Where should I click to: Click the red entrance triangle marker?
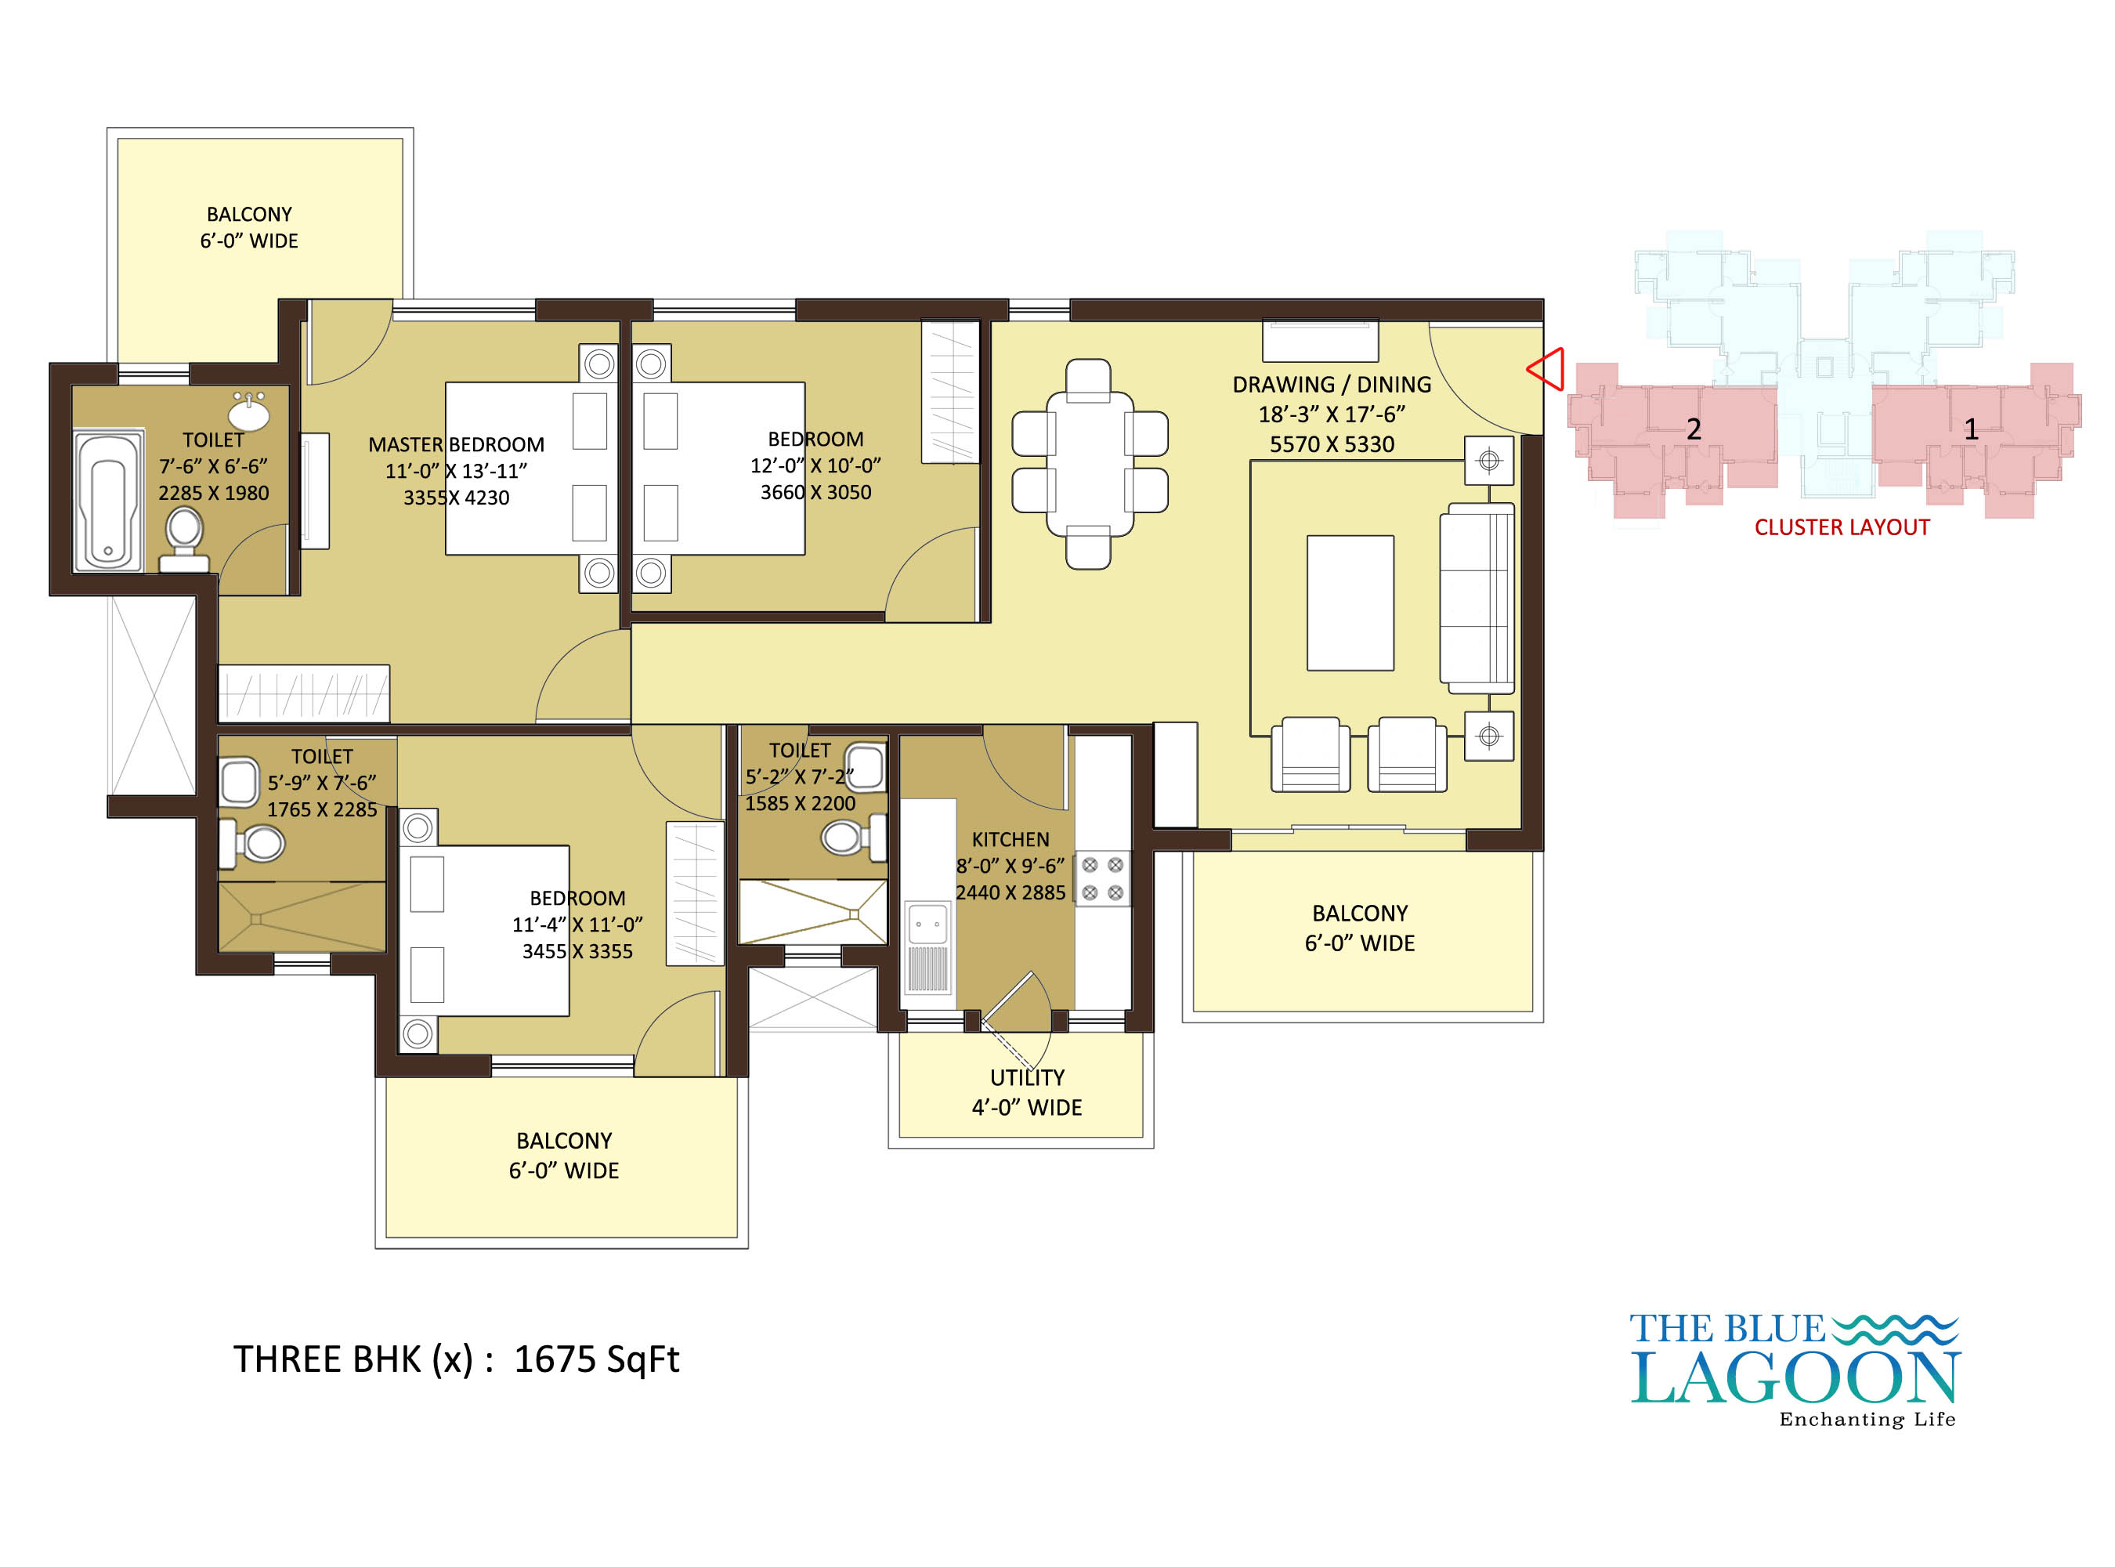coord(1547,369)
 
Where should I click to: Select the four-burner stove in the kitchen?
coord(1102,878)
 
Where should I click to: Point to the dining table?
coord(1089,464)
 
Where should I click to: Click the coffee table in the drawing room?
coord(1350,603)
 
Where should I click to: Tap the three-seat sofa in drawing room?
coord(1477,599)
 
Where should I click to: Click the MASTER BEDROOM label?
coord(456,445)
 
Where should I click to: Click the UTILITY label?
coord(1027,1077)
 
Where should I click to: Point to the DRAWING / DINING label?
coord(1332,384)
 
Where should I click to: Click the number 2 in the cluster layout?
coord(1693,429)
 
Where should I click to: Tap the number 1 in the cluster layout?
coord(1971,429)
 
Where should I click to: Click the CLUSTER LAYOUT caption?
coord(1842,527)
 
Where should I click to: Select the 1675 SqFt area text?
coord(597,1359)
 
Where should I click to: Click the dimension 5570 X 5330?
coord(1332,444)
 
